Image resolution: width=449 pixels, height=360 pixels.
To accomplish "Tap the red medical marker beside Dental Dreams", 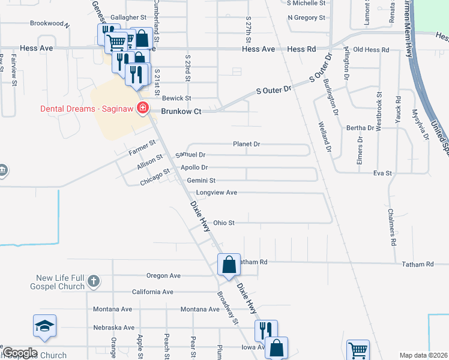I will (x=143, y=109).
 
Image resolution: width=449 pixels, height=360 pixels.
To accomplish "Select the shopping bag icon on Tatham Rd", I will (x=229, y=264).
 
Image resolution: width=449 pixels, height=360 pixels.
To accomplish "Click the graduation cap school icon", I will (x=45, y=325).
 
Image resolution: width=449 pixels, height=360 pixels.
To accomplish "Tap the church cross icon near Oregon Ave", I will (x=93, y=280).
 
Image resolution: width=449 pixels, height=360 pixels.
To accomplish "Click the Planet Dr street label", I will (x=246, y=144).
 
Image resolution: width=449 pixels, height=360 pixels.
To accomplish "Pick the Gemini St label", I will (x=200, y=180).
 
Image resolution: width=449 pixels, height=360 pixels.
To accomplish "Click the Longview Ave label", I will (x=216, y=193).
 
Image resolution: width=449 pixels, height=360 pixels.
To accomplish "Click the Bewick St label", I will (x=176, y=98).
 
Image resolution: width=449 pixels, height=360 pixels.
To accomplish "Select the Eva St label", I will (x=382, y=173).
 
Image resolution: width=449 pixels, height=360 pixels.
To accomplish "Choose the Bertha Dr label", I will (x=360, y=128).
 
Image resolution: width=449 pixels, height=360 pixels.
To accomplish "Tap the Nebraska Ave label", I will (x=113, y=328).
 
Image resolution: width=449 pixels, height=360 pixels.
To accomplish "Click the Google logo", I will (x=20, y=353).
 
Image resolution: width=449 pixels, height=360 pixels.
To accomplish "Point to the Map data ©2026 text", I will (x=423, y=355).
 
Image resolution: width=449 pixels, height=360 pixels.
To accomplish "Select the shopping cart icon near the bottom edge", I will (x=358, y=349).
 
